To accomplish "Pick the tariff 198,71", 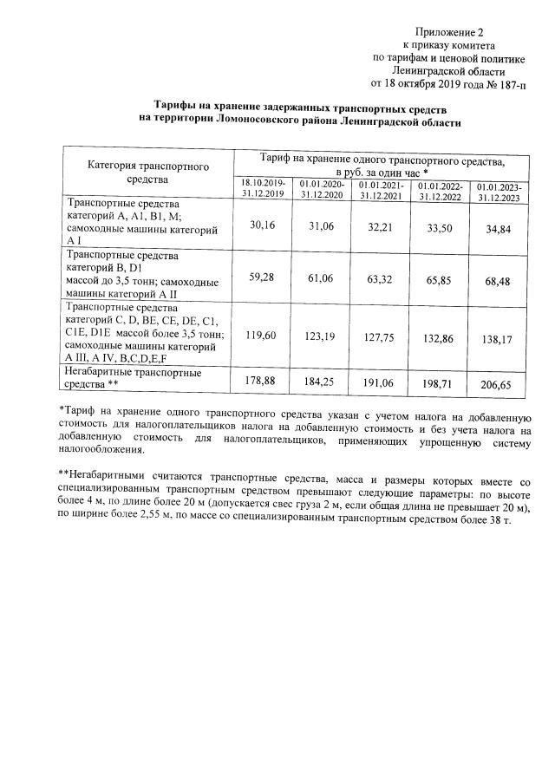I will tap(440, 380).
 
